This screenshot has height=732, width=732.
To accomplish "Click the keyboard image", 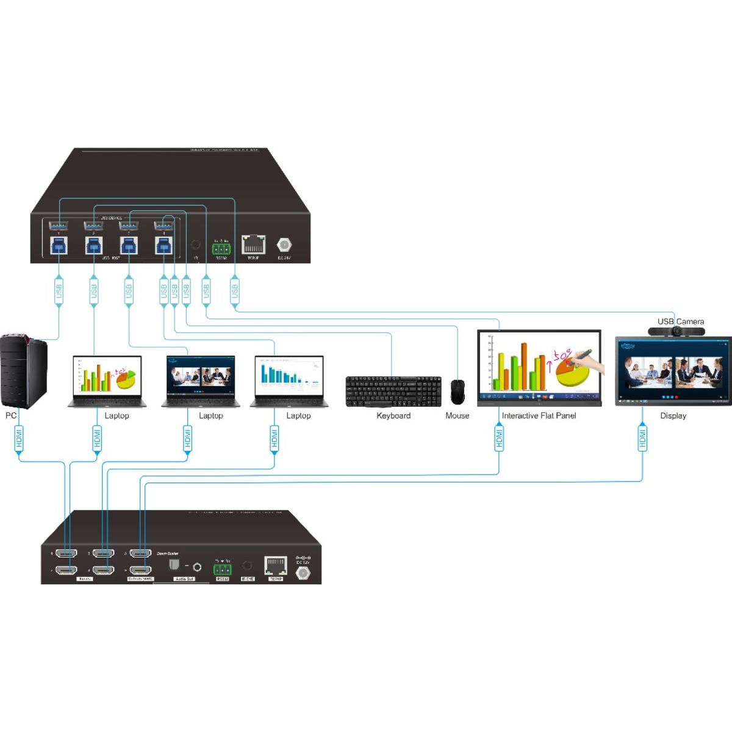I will [393, 391].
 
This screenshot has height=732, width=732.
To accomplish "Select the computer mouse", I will [457, 392].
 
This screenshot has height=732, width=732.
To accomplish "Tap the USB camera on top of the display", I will [676, 331].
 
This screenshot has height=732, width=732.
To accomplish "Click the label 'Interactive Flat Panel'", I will [539, 416].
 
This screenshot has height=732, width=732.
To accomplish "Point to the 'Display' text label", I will [673, 416].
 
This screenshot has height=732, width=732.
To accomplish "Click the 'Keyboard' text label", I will [393, 416].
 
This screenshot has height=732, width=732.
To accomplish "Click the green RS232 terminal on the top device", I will [221, 248].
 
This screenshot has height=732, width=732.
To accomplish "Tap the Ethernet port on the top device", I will [253, 244].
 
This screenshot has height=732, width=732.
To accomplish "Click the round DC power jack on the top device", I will [284, 245].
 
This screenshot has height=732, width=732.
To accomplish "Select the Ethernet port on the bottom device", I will [276, 565].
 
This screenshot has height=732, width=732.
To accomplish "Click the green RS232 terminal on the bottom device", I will [222, 569].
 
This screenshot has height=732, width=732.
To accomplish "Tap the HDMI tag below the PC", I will [20, 438].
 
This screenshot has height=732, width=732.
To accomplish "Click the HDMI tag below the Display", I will [642, 438].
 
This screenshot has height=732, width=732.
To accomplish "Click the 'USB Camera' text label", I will [680, 321].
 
